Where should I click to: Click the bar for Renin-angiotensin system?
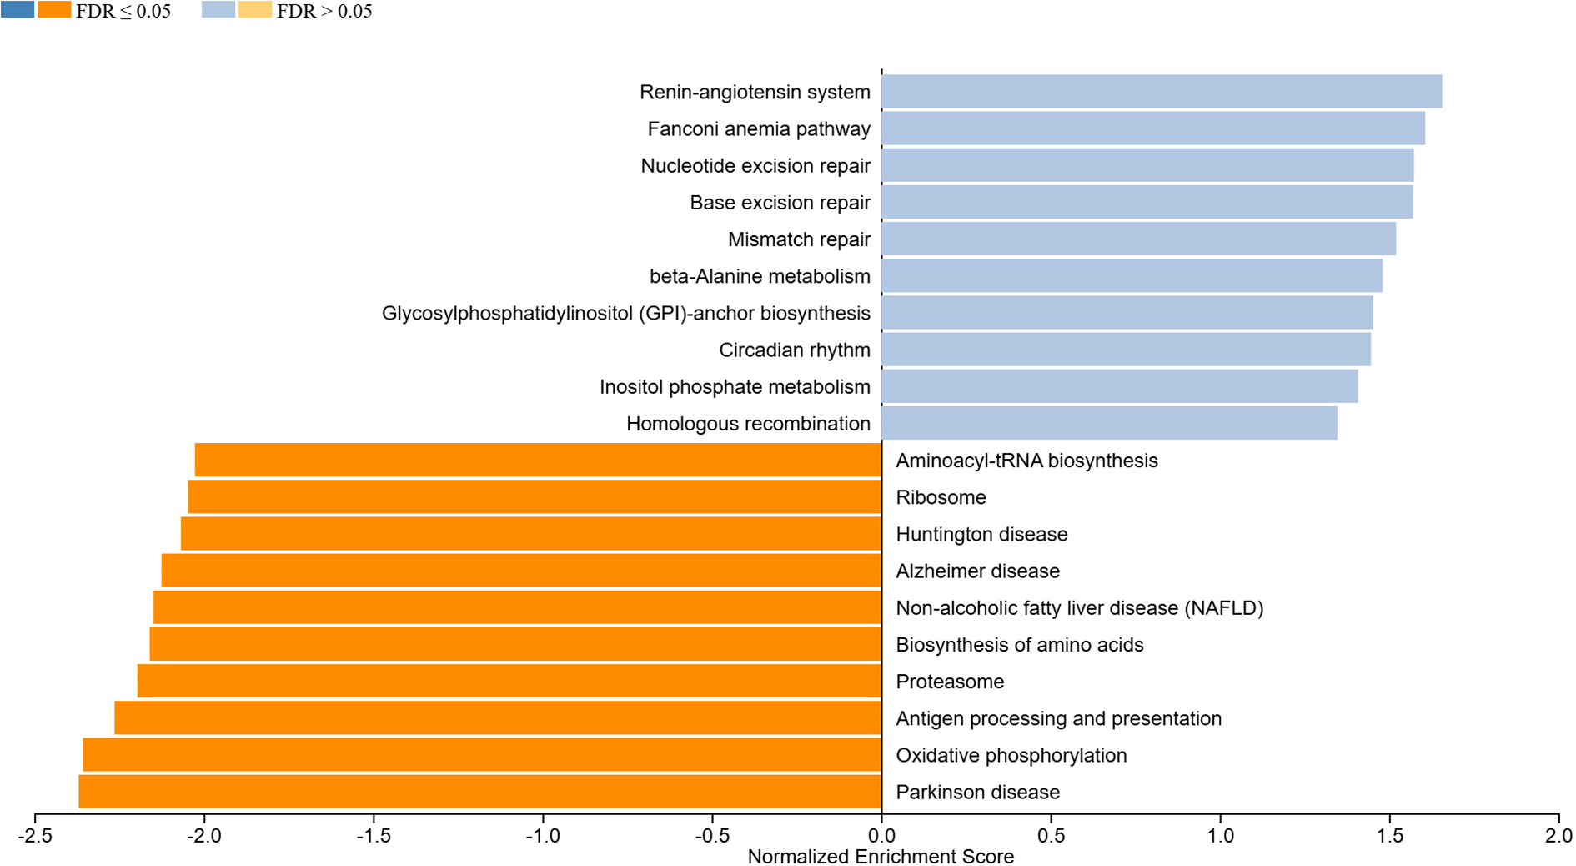tap(1161, 92)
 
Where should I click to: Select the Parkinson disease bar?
tap(479, 792)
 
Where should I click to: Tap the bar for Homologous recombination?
tap(1109, 424)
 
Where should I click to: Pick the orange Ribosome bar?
tap(534, 497)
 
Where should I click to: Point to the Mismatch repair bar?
tap(1138, 239)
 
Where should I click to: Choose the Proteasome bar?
tap(509, 682)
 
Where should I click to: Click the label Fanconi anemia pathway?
tap(759, 129)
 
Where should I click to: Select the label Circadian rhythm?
tap(794, 350)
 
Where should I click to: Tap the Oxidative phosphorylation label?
tap(1011, 756)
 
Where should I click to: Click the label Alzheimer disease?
tap(977, 571)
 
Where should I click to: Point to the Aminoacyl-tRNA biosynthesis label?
tap(1026, 461)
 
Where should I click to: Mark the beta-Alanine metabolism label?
tap(760, 276)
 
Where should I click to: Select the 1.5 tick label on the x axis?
tap(1389, 836)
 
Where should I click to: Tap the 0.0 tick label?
tap(881, 836)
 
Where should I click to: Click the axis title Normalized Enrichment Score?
tap(881, 857)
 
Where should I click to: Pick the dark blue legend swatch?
tap(18, 10)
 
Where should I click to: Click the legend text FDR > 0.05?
tap(324, 12)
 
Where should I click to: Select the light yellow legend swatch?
tap(255, 10)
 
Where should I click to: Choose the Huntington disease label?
tap(981, 535)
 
